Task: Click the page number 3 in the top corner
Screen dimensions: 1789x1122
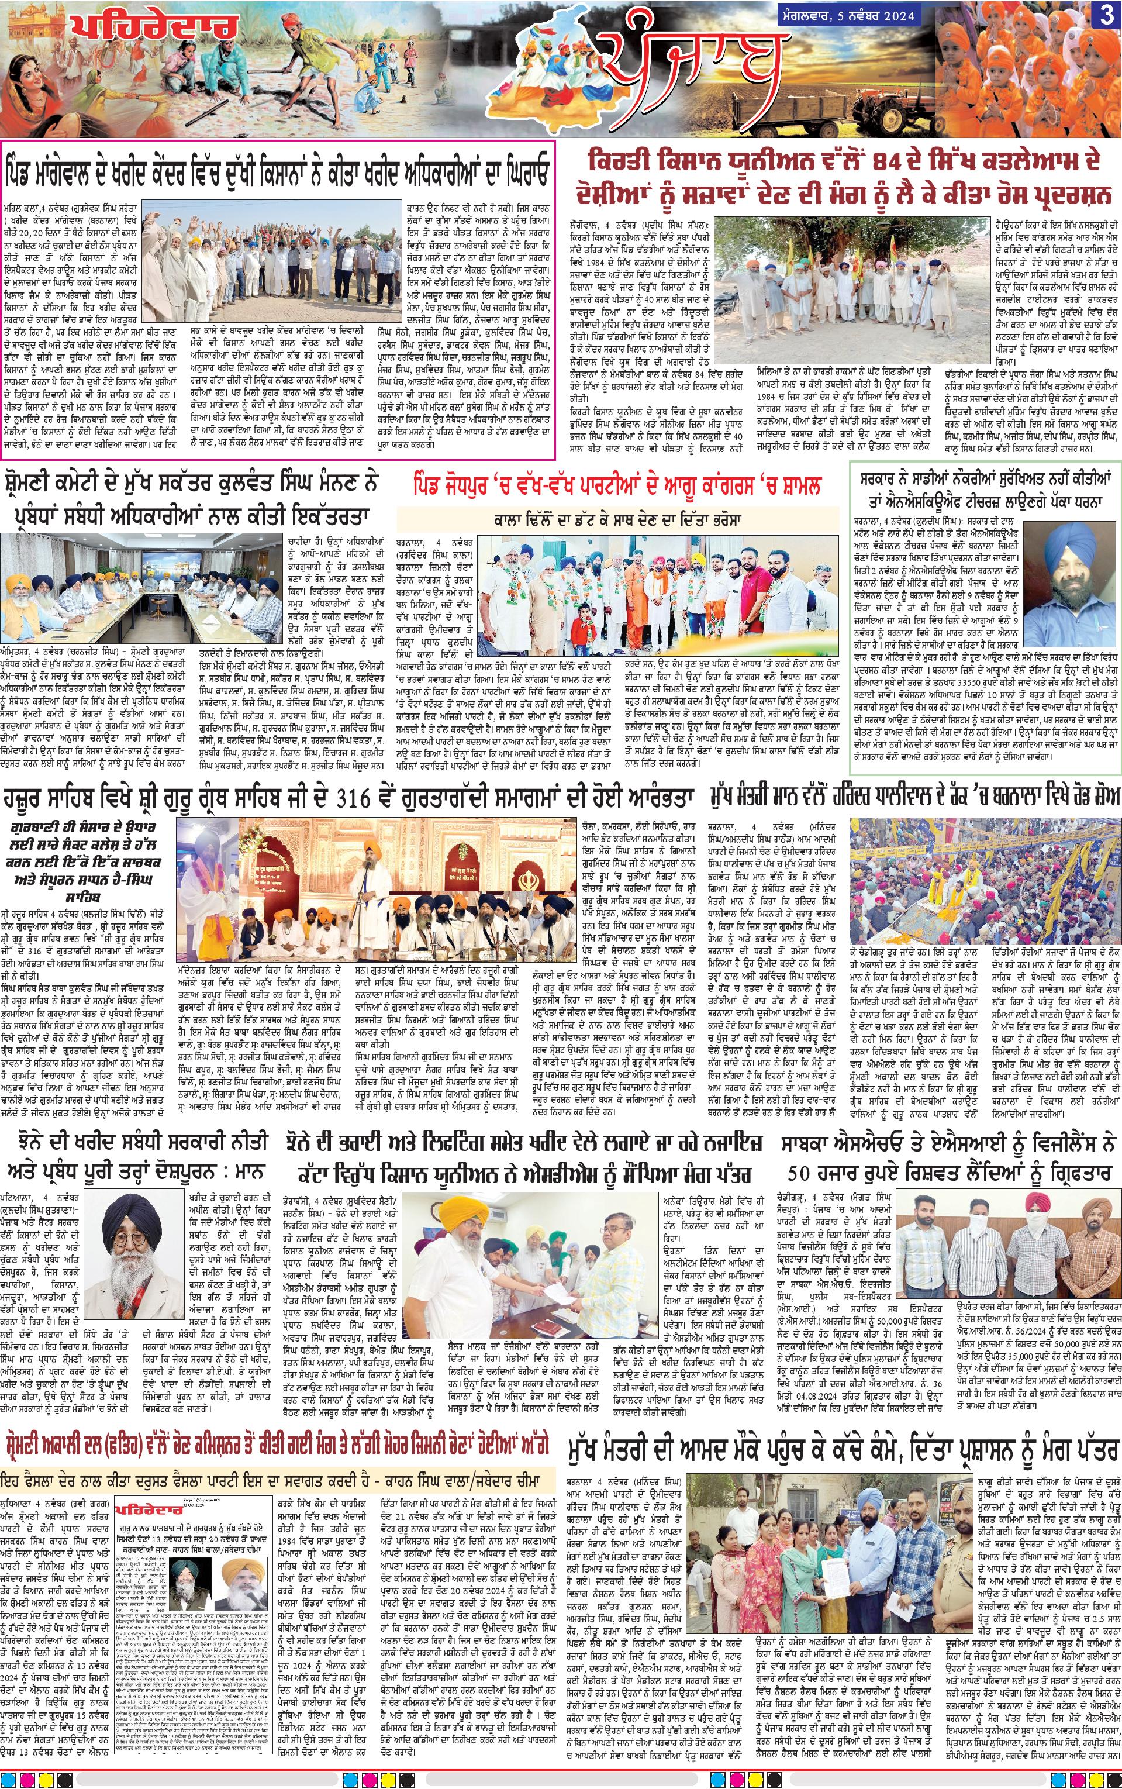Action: [1105, 17]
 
